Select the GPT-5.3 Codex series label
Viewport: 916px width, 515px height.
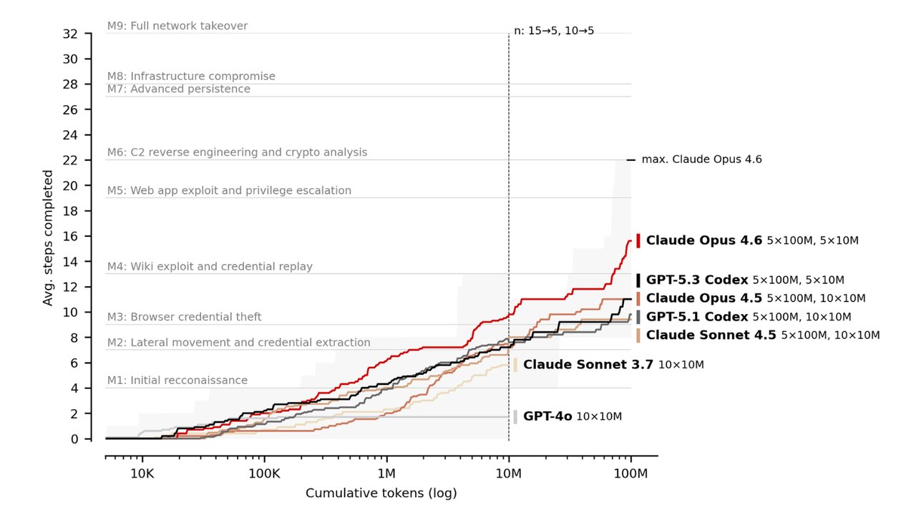tap(697, 280)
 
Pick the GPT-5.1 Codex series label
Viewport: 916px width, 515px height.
tap(697, 316)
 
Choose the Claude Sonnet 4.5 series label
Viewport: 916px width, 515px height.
tap(711, 335)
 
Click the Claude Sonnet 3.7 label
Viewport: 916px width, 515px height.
tap(588, 364)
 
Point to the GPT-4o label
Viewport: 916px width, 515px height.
tap(547, 416)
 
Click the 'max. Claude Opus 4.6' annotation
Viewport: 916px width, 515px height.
tap(701, 160)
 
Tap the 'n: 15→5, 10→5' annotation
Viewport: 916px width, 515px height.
tap(554, 31)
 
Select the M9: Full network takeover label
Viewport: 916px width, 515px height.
tap(177, 26)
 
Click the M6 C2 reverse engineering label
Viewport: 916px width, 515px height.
tap(237, 152)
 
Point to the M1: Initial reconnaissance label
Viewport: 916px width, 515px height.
tap(177, 381)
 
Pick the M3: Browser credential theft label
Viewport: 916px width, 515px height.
tap(185, 317)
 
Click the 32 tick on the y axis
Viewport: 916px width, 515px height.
tap(70, 34)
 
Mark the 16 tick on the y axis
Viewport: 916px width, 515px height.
tap(70, 236)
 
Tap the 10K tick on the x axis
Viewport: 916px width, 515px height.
tap(142, 474)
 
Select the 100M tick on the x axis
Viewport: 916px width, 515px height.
tap(631, 474)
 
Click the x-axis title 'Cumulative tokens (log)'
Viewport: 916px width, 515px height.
tap(381, 494)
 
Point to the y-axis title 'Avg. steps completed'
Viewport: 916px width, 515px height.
tap(48, 237)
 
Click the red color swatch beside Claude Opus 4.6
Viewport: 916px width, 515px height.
tap(638, 240)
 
